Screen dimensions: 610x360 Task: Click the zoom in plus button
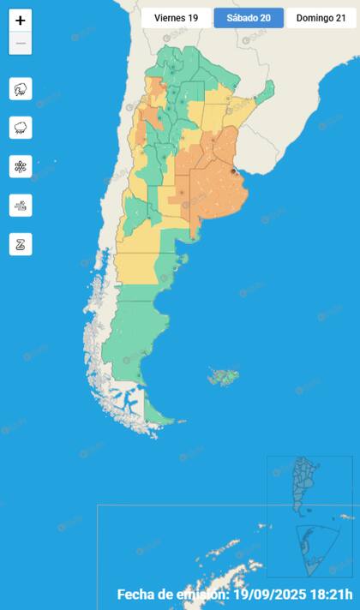click(21, 21)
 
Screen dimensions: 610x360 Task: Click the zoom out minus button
click(21, 43)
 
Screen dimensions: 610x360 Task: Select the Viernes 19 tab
click(176, 18)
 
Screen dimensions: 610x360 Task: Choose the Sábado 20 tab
click(249, 18)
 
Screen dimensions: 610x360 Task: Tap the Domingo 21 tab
click(321, 18)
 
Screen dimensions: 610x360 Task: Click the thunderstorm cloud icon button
click(21, 89)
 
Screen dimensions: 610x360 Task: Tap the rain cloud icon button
click(21, 128)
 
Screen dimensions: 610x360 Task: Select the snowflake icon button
click(21, 166)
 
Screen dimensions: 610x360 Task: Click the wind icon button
click(21, 205)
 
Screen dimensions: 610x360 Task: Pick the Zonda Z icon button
click(21, 243)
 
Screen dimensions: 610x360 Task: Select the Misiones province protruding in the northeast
click(268, 88)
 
